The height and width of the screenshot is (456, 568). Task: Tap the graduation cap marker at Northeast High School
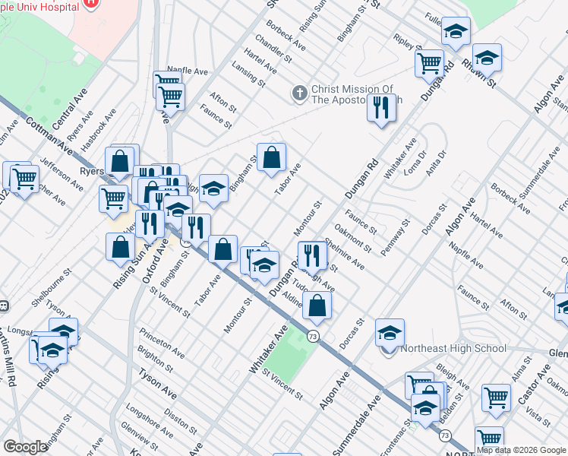(x=390, y=332)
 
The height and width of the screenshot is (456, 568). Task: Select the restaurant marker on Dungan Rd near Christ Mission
(x=381, y=108)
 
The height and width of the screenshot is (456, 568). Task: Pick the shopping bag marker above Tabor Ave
(x=271, y=157)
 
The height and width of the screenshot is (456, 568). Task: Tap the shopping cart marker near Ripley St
(x=430, y=63)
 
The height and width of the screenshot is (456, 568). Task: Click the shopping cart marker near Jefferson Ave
(x=24, y=178)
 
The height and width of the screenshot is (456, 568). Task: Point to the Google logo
(x=24, y=447)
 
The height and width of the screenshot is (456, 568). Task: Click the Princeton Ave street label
(x=161, y=343)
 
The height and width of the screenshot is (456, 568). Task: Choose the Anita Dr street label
(x=435, y=163)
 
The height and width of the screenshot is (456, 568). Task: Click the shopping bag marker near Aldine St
(x=317, y=305)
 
